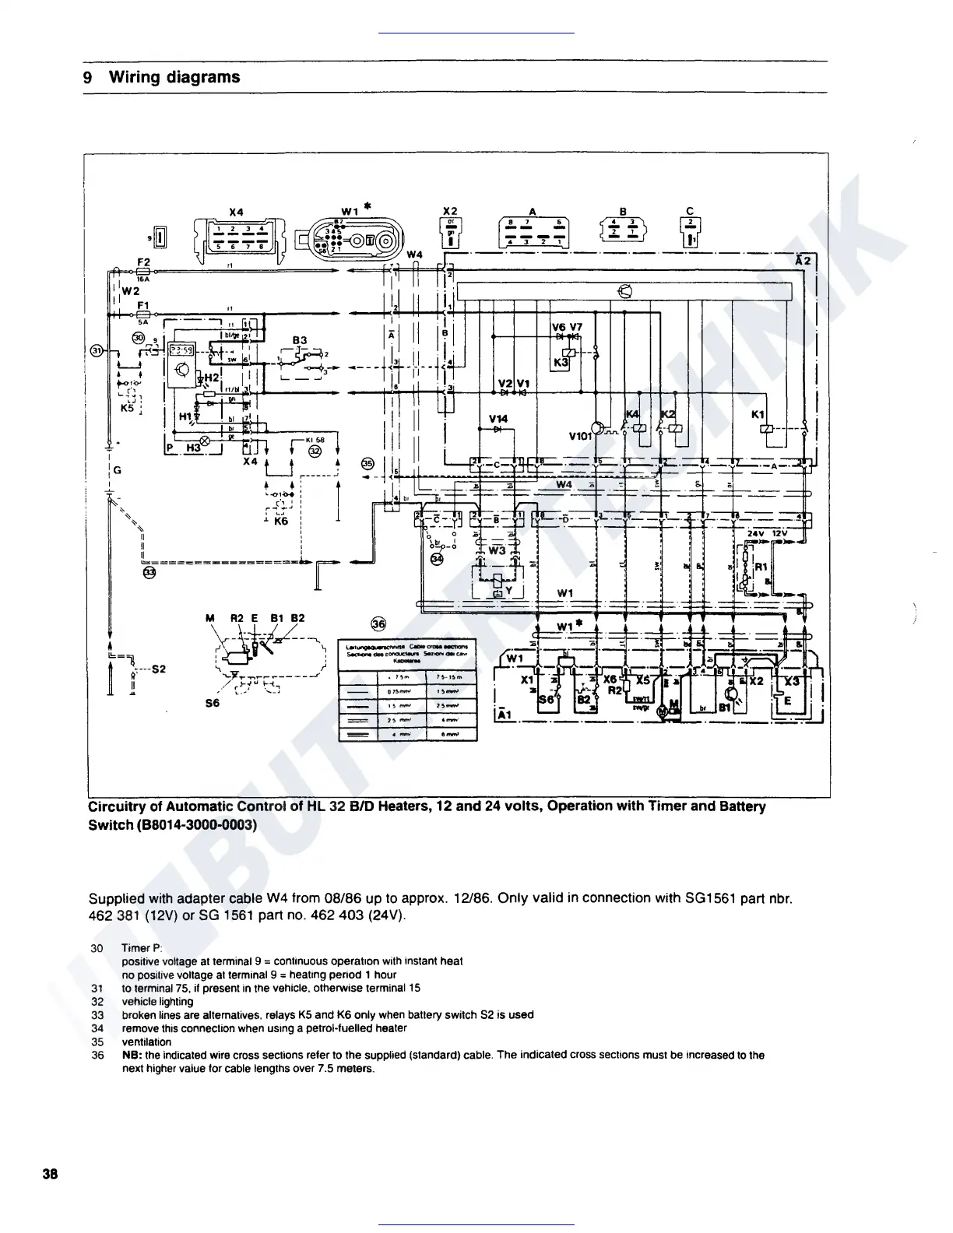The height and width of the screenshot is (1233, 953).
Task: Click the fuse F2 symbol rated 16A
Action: coord(143,271)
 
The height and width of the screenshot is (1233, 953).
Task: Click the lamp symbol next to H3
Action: coord(206,443)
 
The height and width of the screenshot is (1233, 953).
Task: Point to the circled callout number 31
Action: coord(97,350)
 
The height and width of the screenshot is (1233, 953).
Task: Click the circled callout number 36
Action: coord(378,624)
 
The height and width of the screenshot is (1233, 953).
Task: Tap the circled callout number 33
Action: coord(149,572)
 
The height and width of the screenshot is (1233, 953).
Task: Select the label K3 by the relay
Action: coord(561,363)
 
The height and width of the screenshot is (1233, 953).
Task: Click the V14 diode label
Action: coord(498,419)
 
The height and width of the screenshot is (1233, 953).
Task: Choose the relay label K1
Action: coord(758,415)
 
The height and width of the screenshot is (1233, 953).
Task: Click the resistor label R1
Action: coord(761,567)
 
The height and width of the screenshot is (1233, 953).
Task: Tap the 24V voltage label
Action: coord(754,533)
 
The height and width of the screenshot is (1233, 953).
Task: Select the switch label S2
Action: coord(158,669)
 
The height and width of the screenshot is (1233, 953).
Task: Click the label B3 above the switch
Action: coord(300,340)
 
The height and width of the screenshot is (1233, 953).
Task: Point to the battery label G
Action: coord(117,470)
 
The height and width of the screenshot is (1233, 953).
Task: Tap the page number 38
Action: coord(51,1175)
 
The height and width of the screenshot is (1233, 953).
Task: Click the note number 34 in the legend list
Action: coord(97,1028)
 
